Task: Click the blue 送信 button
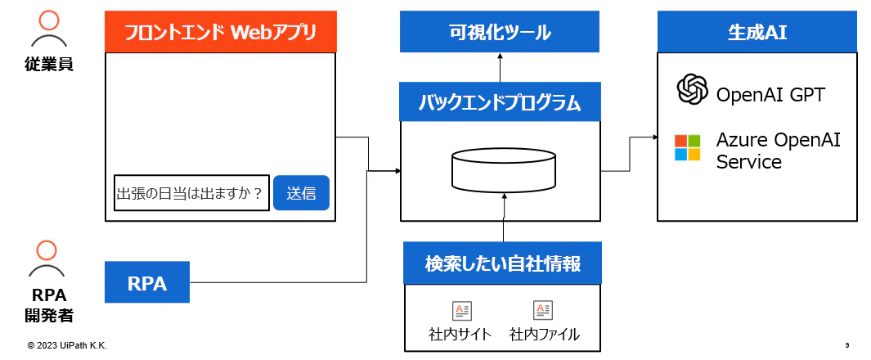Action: click(301, 193)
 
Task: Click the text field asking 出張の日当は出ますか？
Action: click(192, 193)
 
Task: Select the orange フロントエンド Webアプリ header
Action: click(221, 32)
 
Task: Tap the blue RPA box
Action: click(147, 282)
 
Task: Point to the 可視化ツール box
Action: click(500, 32)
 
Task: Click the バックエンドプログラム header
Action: click(500, 101)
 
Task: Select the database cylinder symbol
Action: click(503, 169)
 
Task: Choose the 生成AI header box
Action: click(757, 32)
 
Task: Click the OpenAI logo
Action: click(693, 89)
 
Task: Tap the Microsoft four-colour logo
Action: click(688, 147)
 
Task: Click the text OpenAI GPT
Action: click(770, 95)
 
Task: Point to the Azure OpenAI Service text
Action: click(779, 151)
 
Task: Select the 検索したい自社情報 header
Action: click(502, 264)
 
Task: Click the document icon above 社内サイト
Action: click(461, 311)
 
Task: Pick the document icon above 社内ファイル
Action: click(543, 311)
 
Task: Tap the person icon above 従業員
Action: click(49, 29)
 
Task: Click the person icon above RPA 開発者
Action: click(47, 259)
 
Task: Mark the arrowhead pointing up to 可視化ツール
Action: click(500, 56)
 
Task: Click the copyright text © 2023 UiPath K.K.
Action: click(67, 346)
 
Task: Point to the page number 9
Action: click(847, 345)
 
